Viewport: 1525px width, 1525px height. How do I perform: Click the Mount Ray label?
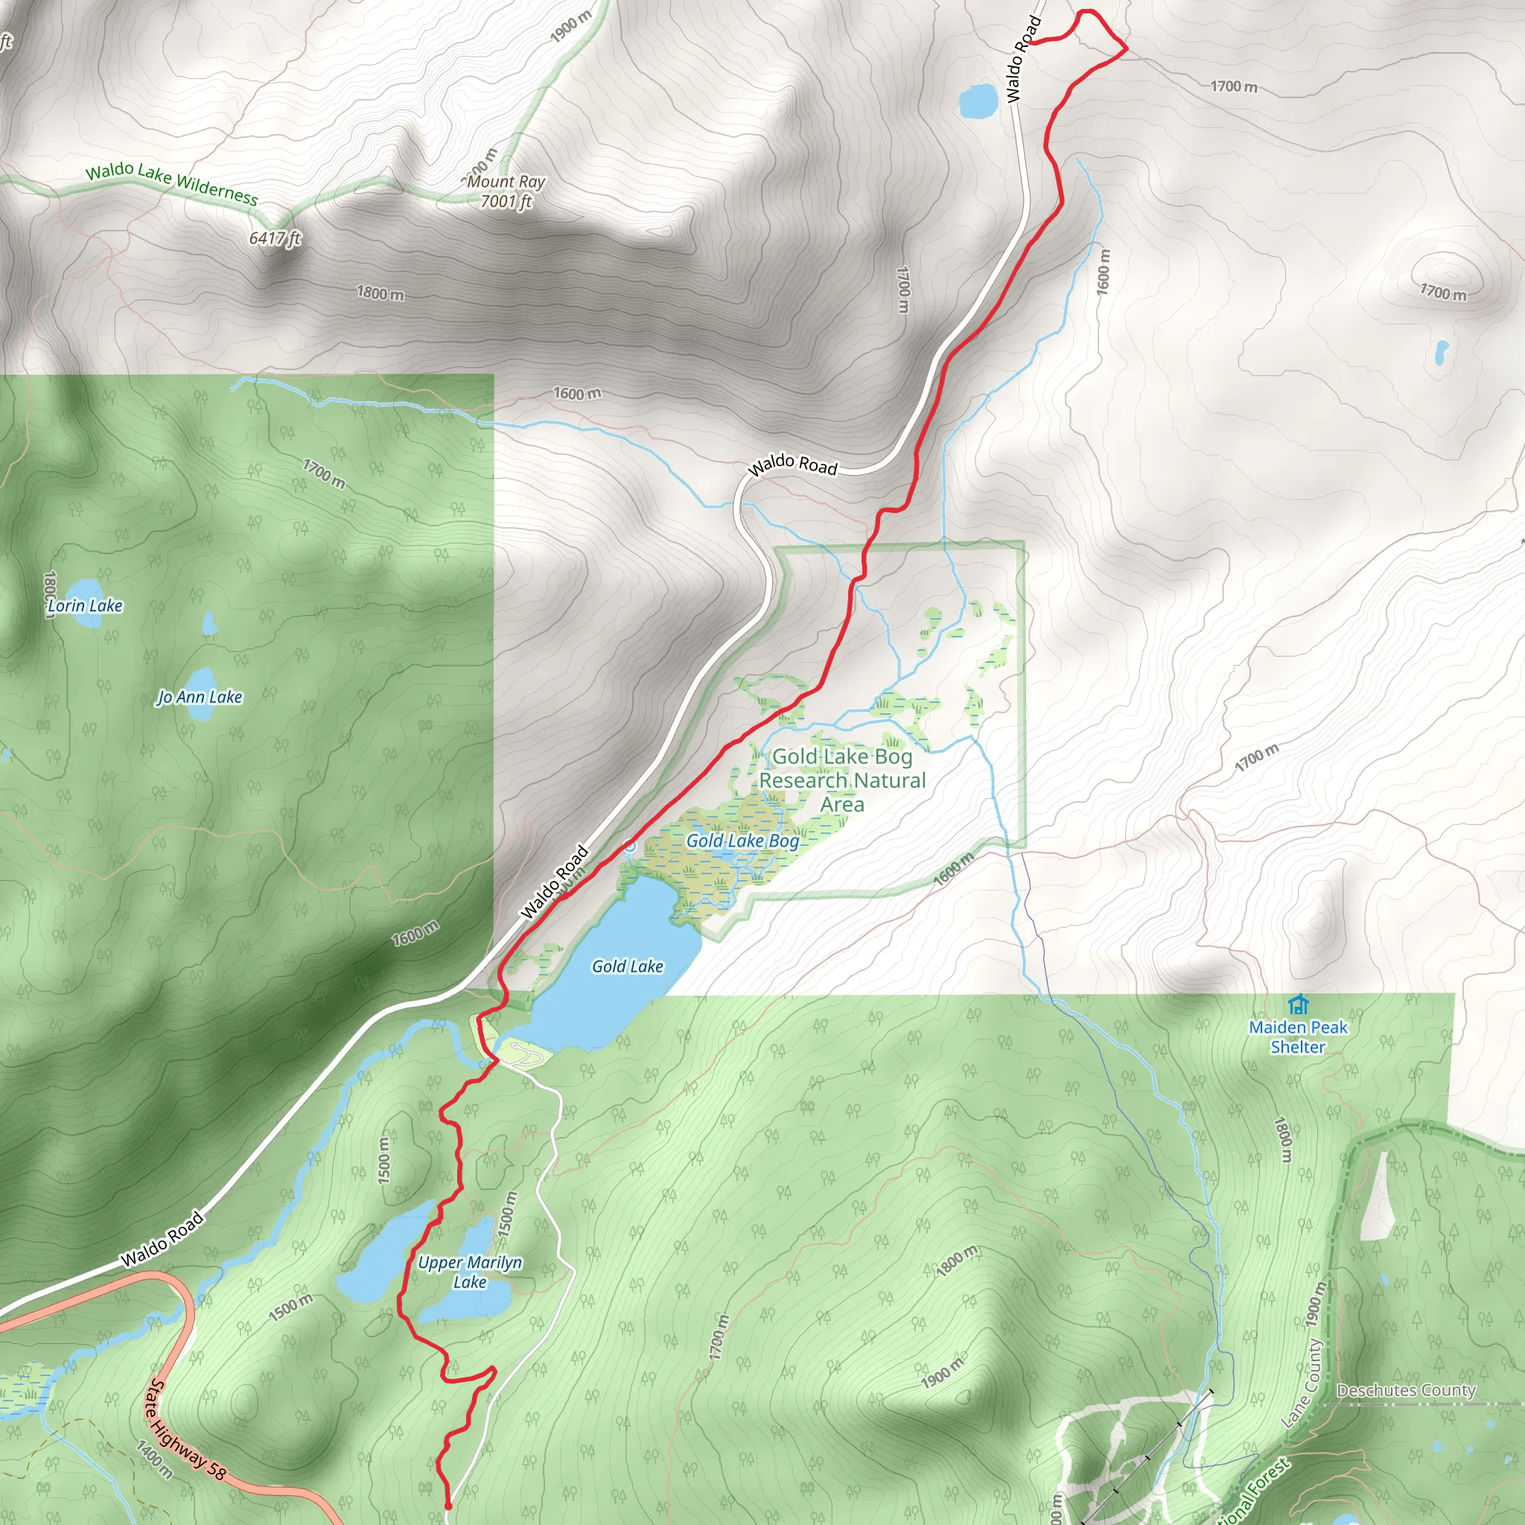[506, 182]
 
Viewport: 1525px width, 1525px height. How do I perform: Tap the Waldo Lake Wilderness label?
[171, 182]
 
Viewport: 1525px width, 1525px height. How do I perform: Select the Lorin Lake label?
[85, 605]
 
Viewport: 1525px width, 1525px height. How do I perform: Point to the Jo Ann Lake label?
[200, 697]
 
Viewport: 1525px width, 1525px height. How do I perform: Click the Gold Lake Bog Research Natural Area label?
[841, 780]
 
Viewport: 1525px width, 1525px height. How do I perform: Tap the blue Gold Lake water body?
[623, 939]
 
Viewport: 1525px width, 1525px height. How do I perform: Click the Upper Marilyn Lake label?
[470, 1272]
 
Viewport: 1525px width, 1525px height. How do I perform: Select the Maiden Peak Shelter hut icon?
[1299, 1005]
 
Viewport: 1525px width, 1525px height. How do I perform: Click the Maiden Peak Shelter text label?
[1298, 1037]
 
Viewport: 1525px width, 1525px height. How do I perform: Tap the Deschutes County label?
[1406, 1390]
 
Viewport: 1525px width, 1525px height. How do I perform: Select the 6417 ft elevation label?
[275, 238]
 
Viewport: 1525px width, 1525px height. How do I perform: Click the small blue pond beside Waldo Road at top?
[977, 101]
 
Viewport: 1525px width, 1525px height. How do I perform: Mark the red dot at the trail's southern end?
[448, 1506]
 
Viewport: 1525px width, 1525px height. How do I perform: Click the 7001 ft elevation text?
[506, 202]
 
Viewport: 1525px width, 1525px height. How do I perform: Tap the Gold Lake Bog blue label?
[742, 841]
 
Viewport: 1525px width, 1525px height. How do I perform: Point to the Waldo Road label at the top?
[1024, 60]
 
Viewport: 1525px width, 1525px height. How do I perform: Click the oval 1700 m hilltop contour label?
[1443, 292]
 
